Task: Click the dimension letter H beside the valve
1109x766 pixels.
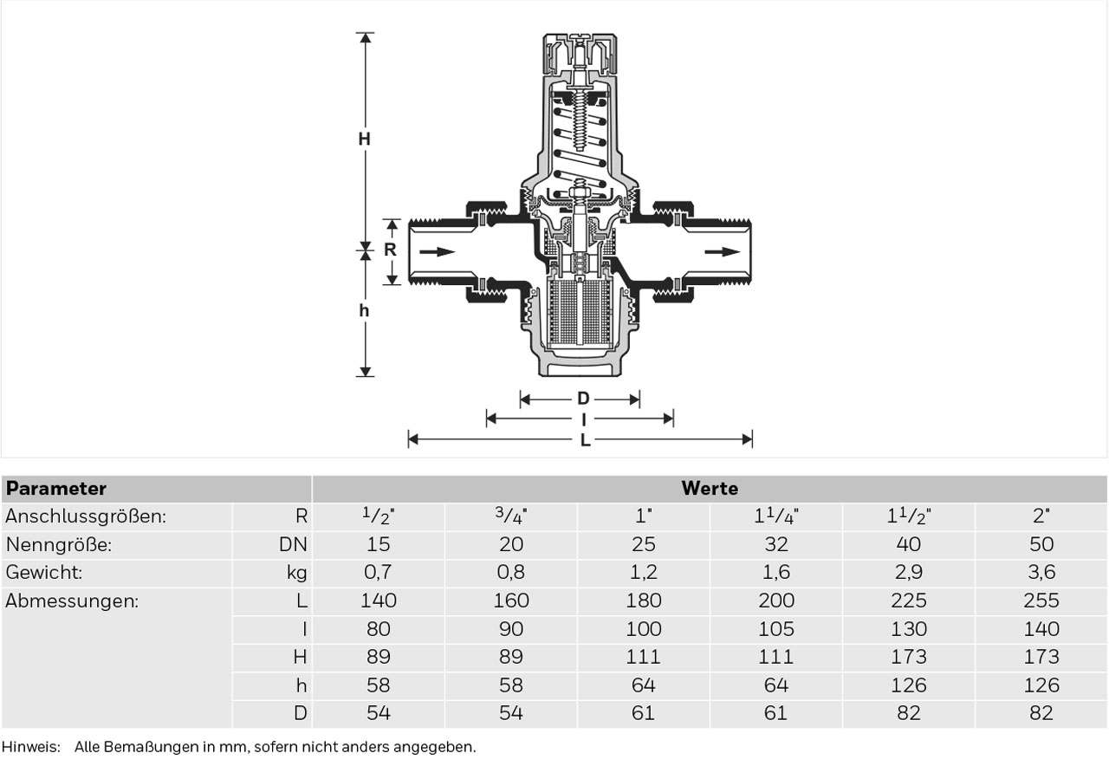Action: [x=365, y=140]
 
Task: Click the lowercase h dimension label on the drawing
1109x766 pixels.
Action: [x=364, y=310]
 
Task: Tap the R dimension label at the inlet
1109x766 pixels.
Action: [x=390, y=249]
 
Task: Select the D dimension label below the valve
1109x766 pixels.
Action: [x=583, y=398]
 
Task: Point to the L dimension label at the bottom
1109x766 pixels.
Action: [x=585, y=439]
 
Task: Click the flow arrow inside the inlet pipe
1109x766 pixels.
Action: [x=438, y=252]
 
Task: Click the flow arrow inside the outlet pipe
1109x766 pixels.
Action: [x=723, y=252]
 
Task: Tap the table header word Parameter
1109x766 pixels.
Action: [x=56, y=489]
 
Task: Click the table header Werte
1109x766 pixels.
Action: [x=710, y=489]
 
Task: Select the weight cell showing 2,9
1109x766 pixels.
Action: [x=909, y=573]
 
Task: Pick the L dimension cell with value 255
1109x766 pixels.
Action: [x=1041, y=600]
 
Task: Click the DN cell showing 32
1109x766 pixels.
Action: [x=775, y=545]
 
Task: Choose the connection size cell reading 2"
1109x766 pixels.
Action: [x=1041, y=516]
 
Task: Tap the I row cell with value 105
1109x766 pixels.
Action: [x=775, y=629]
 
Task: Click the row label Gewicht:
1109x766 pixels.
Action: [x=43, y=573]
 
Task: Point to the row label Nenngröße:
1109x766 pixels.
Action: [x=58, y=545]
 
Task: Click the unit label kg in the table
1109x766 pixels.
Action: [x=296, y=573]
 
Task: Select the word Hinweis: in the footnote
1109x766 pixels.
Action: [x=30, y=747]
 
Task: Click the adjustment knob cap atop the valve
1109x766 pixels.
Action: [x=580, y=55]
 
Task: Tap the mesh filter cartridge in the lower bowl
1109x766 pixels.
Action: [x=580, y=313]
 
